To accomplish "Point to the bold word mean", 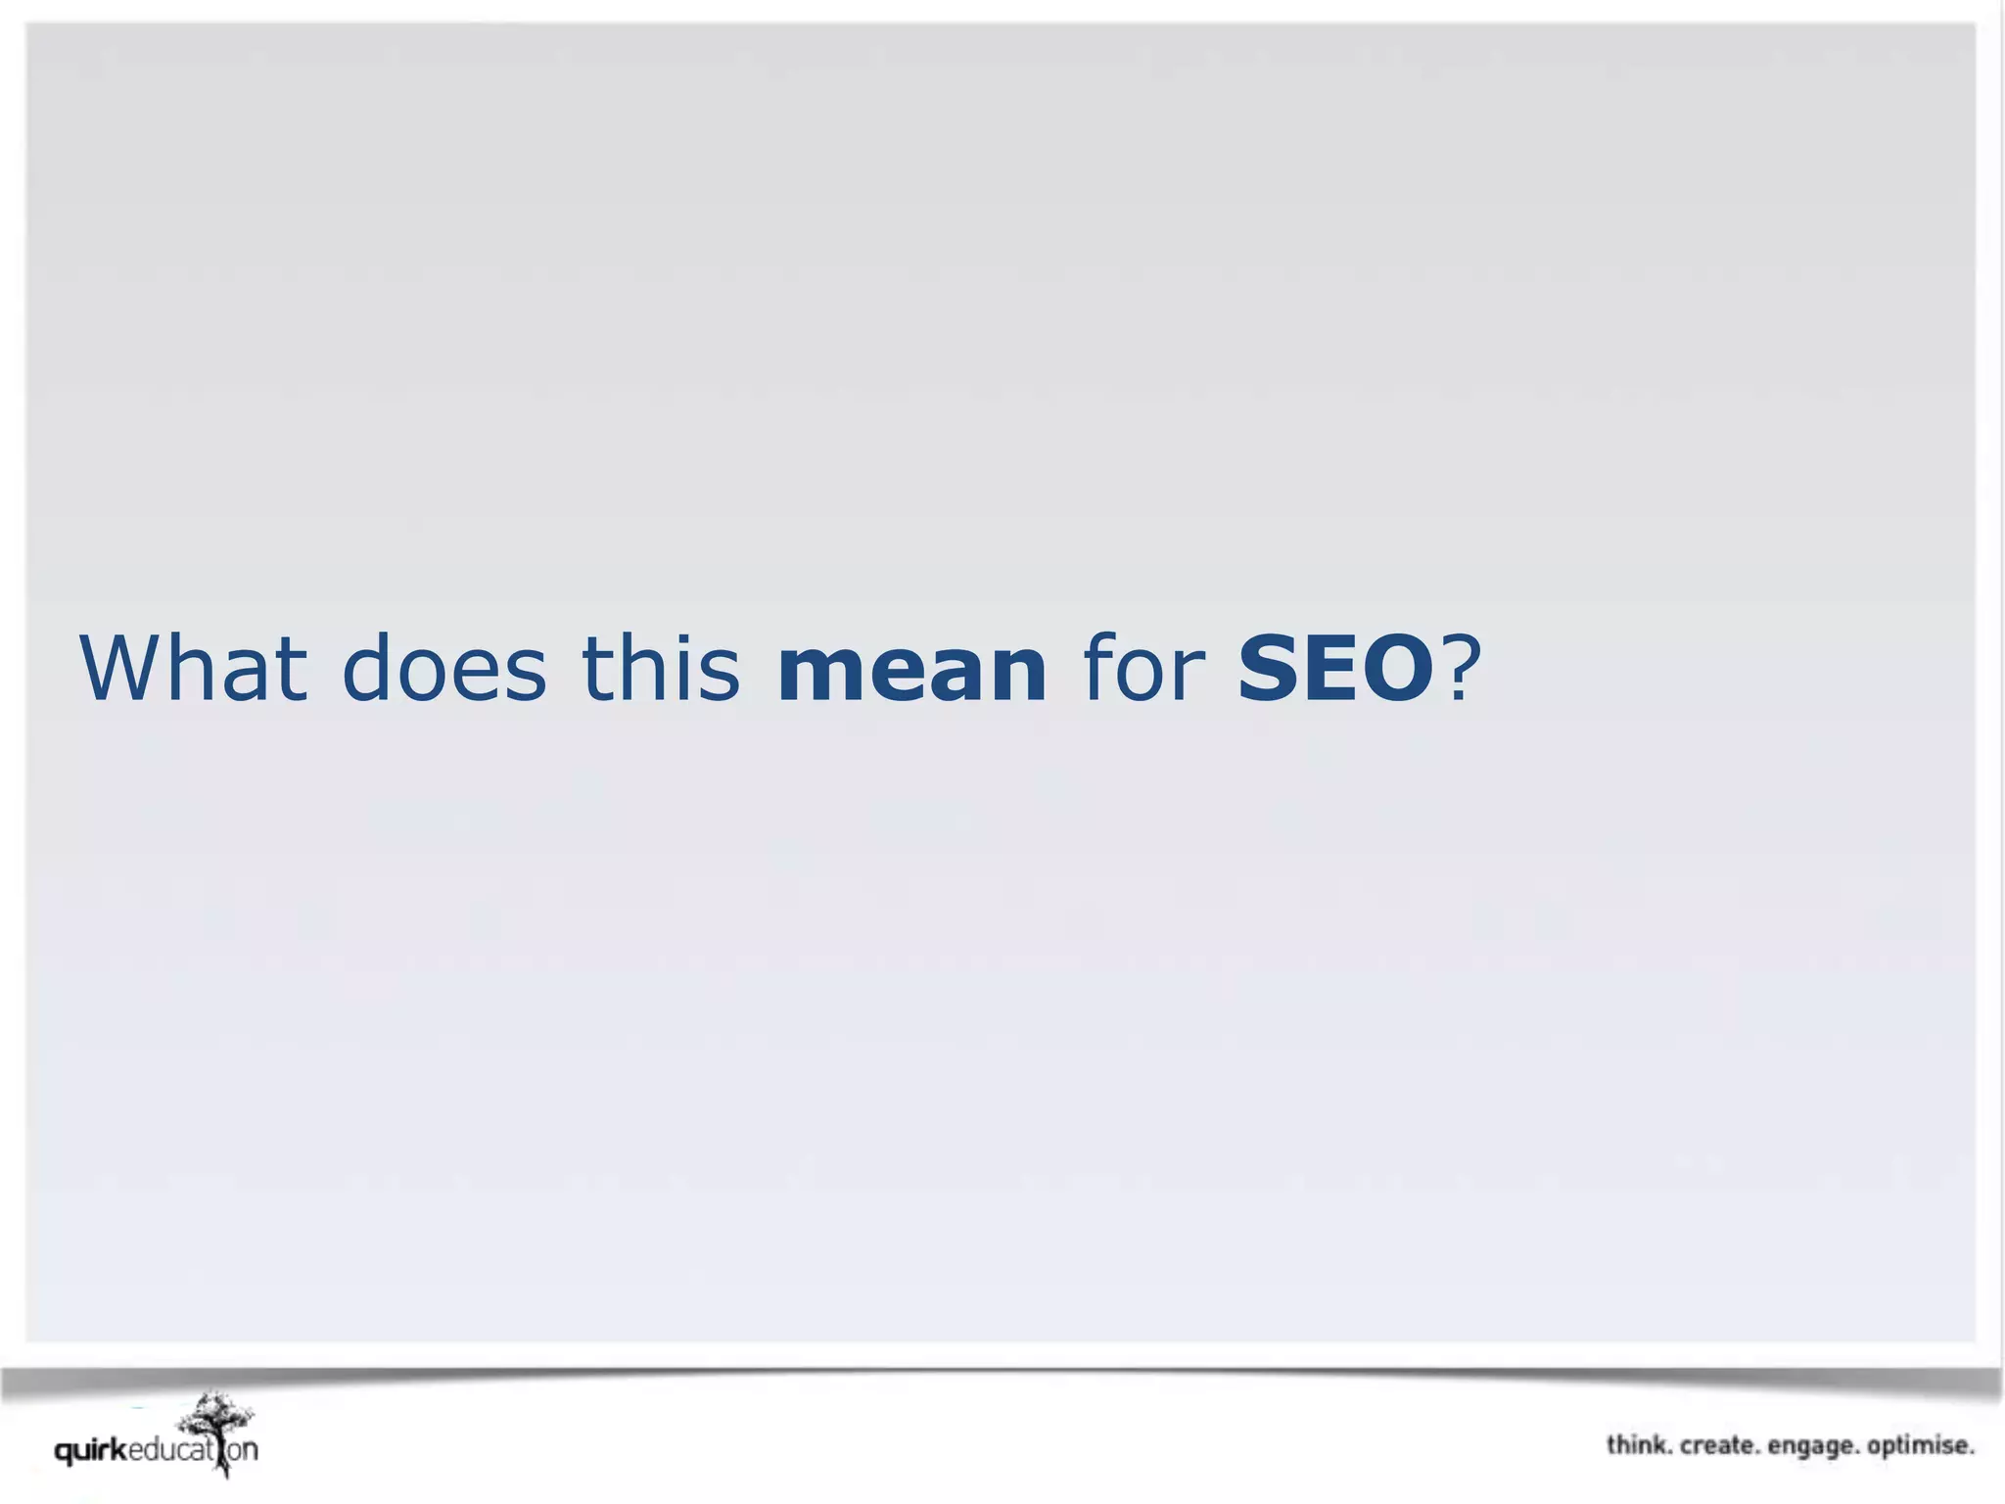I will coord(911,670).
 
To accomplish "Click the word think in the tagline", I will coord(1638,1445).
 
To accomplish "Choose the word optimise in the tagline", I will coord(1920,1446).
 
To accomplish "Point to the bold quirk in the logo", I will coord(91,1450).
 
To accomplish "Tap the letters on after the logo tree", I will coord(243,1450).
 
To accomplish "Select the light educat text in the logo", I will coord(170,1450).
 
